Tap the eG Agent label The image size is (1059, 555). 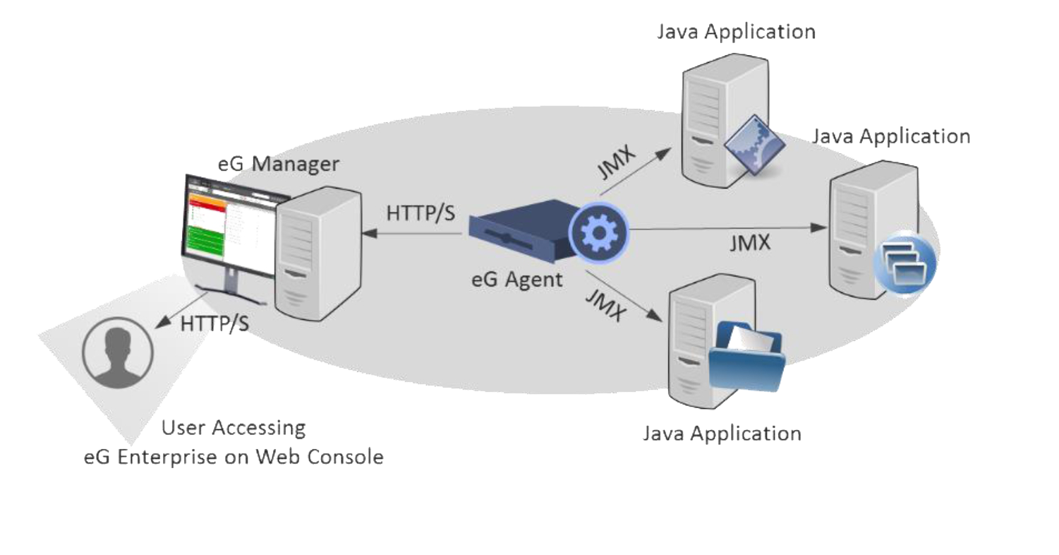coord(517,279)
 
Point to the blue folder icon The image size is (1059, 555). coord(747,356)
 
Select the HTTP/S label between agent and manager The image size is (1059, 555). coord(420,213)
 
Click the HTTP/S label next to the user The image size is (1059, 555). coord(214,323)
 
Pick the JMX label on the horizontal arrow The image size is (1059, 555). coord(749,244)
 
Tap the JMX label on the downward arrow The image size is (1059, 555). coord(606,304)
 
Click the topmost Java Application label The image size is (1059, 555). coord(736,32)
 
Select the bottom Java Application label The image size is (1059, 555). coord(722,432)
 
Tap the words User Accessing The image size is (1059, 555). coord(234,428)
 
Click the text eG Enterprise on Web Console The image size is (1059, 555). coord(234,457)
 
